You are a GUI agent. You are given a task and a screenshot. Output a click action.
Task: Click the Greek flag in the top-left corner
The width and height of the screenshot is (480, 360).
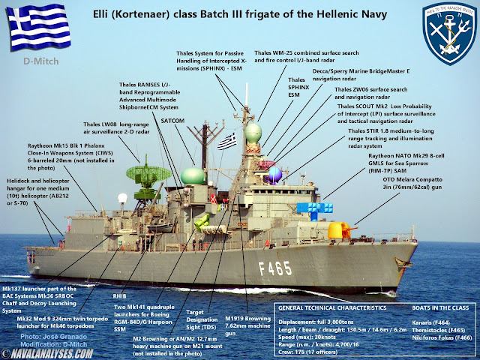tap(32, 27)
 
